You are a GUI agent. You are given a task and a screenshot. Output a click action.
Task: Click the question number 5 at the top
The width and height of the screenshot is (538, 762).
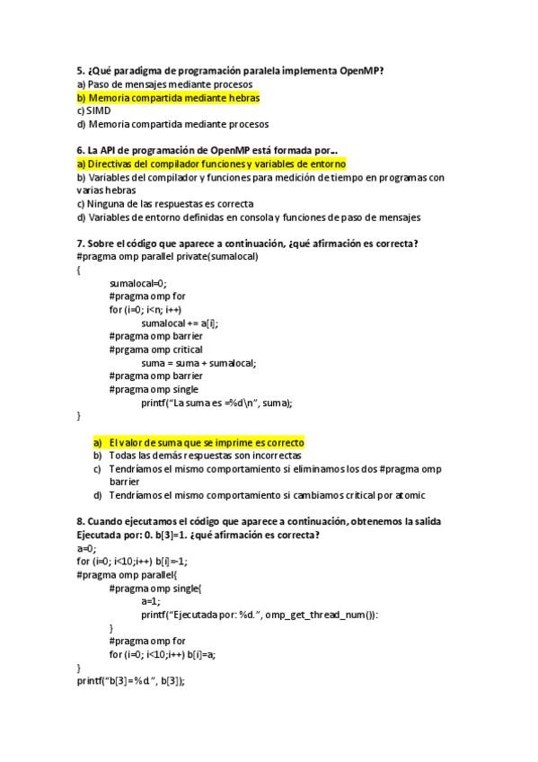[x=81, y=71]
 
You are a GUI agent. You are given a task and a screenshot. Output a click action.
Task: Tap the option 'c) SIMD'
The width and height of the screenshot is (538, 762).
[x=93, y=111]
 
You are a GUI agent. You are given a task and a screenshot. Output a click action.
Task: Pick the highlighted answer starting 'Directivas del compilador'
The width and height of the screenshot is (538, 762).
[x=212, y=164]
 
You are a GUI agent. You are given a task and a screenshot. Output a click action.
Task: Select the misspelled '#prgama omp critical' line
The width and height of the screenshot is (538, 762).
[x=155, y=350]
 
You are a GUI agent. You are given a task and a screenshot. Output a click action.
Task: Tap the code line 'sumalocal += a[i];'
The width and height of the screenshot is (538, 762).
[x=180, y=323]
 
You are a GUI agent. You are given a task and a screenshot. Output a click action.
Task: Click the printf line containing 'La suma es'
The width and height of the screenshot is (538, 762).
[x=216, y=403]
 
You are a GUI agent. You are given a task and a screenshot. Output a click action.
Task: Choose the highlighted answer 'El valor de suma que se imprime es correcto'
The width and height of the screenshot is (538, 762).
[x=207, y=442]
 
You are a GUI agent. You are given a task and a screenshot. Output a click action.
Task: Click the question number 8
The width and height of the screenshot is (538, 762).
[x=81, y=522]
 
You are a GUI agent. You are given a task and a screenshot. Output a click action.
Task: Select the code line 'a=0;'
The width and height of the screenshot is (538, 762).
[x=86, y=548]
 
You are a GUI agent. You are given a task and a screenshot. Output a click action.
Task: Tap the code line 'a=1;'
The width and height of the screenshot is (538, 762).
[x=150, y=601]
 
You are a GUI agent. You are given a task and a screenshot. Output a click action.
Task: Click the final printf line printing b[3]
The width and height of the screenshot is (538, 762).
[x=131, y=681]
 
